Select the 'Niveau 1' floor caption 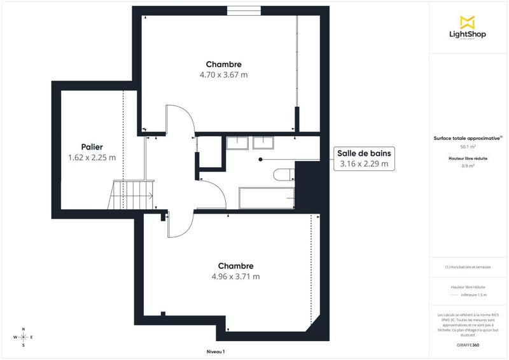coord(216,352)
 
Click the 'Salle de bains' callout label coord(365,158)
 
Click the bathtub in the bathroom coord(267,198)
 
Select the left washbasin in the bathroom coord(238,142)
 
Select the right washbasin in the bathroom coord(262,142)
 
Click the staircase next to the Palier coord(131,195)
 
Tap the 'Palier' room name coord(92,146)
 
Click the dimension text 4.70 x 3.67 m coord(223,74)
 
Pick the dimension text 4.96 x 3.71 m coord(235,277)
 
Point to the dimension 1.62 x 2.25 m coord(92,157)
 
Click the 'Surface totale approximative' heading coord(468,137)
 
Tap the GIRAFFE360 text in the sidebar coord(468,343)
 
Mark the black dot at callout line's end coord(260,160)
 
